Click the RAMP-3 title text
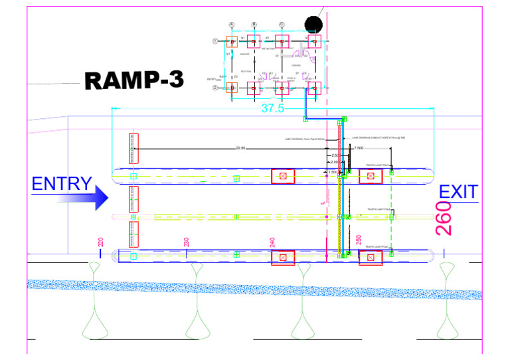pos(134,80)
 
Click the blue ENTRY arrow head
pos(100,197)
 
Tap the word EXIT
pos(458,193)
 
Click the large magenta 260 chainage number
pos(444,219)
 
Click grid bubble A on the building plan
pos(232,25)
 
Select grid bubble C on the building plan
pos(282,25)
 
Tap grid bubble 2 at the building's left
pos(215,87)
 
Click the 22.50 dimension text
pos(240,149)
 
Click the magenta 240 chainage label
pos(272,242)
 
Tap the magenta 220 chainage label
pos(101,243)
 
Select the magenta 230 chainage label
pos(187,243)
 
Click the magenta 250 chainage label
pos(359,240)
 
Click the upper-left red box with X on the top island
pos(283,176)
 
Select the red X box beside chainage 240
pos(283,258)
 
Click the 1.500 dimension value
pos(332,172)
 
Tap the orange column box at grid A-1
pos(232,42)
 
